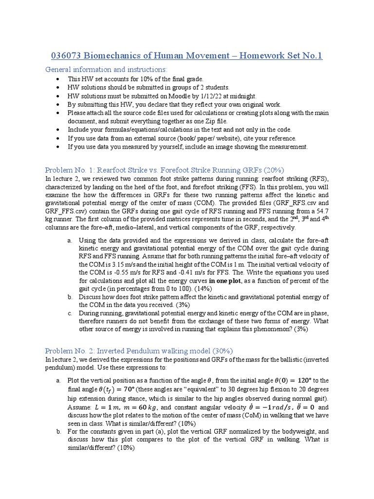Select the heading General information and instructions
tap(106, 69)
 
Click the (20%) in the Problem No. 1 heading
tap(273, 170)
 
